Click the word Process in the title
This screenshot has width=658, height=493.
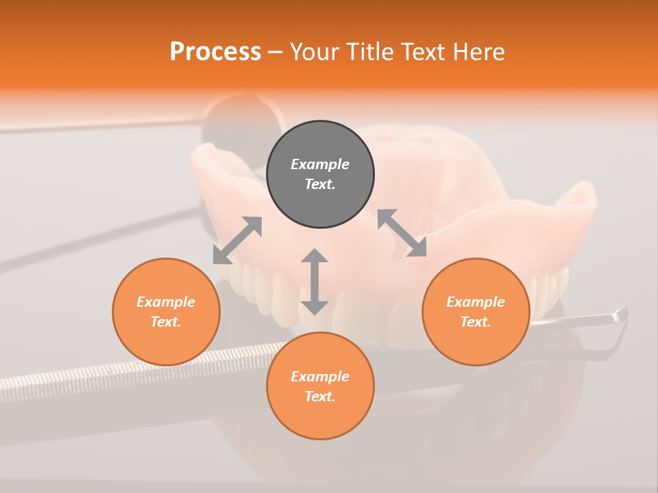tap(215, 52)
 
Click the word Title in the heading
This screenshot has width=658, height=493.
tap(370, 52)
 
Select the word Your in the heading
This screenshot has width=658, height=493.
tap(315, 52)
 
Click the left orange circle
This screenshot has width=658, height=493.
tap(166, 342)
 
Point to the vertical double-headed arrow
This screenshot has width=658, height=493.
tap(315, 281)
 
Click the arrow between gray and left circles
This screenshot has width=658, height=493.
tap(237, 240)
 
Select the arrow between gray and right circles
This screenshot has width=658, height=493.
tap(402, 233)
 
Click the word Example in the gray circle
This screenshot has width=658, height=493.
tap(320, 164)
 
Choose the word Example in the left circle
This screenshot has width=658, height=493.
tap(166, 302)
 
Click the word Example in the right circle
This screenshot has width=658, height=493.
tap(476, 302)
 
